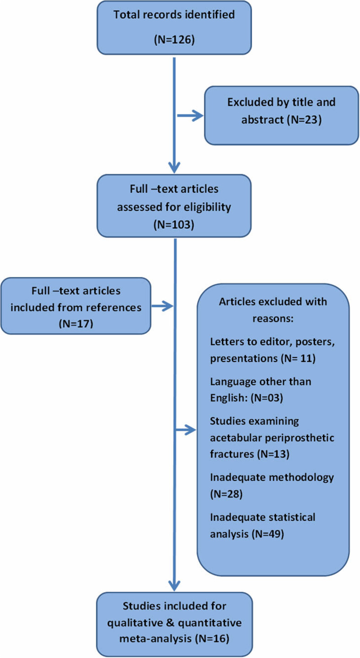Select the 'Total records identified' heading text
(174, 15)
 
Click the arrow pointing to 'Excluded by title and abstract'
(191, 115)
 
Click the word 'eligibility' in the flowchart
(208, 207)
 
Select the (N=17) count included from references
(75, 324)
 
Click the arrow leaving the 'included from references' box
(162, 307)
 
